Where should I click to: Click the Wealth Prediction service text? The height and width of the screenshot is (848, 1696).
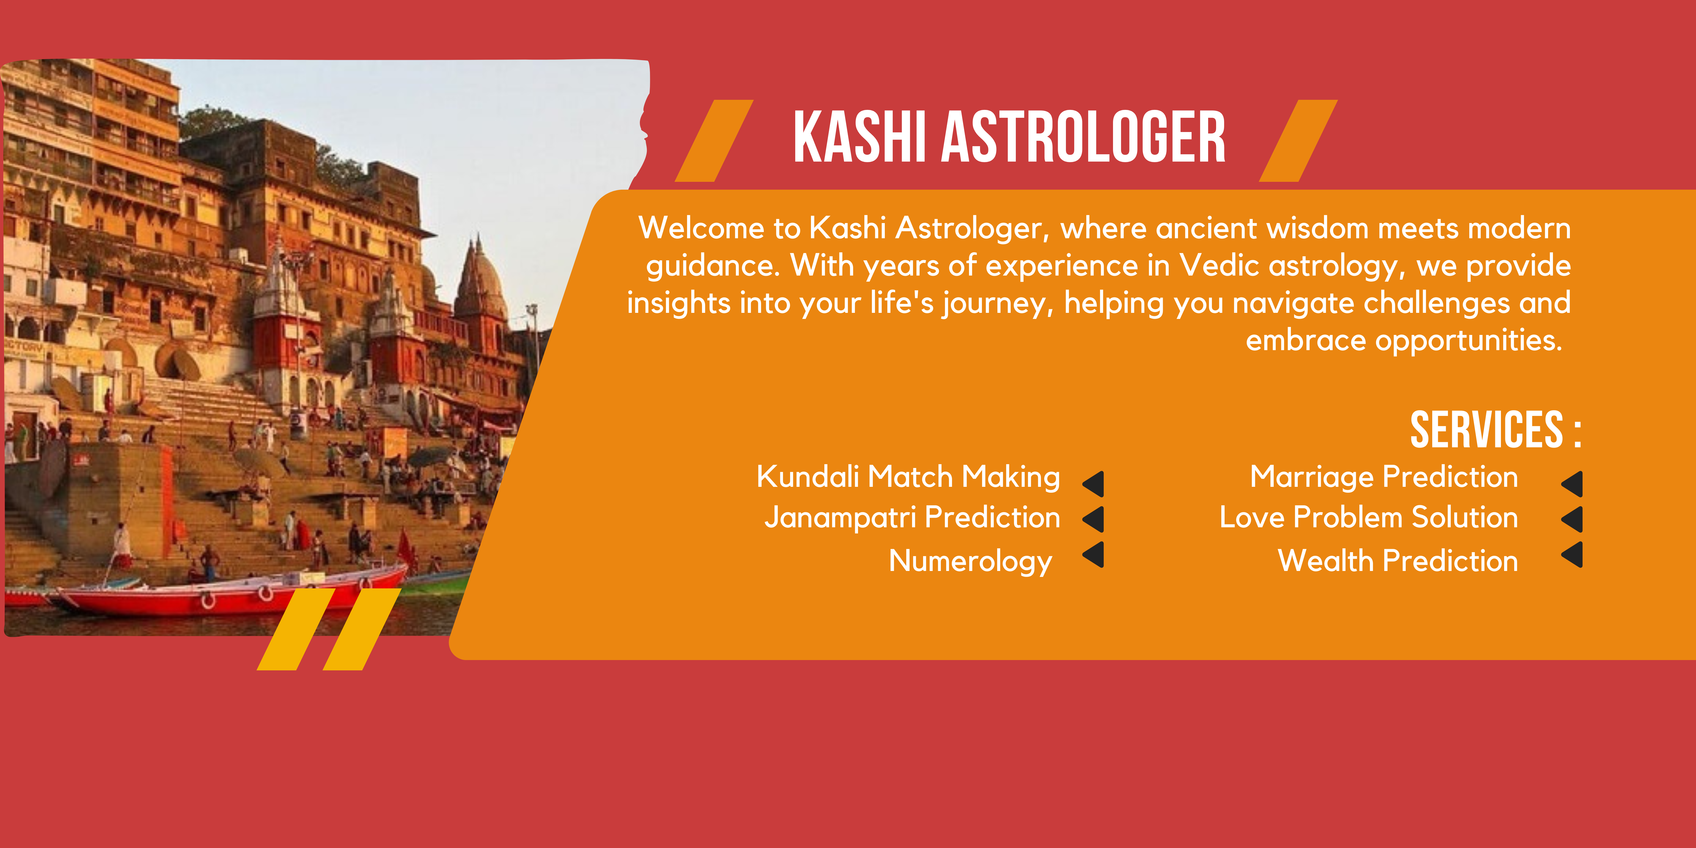click(x=1398, y=561)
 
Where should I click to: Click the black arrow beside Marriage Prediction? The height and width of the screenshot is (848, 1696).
click(x=1572, y=484)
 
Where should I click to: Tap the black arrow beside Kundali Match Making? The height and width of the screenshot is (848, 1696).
click(x=1094, y=484)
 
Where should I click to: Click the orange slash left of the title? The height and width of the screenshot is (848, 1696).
click(x=714, y=141)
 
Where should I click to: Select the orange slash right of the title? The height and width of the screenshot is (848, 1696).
click(x=1298, y=141)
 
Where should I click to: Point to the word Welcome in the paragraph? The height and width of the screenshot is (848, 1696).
click(x=702, y=228)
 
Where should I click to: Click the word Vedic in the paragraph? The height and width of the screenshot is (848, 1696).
click(x=1219, y=266)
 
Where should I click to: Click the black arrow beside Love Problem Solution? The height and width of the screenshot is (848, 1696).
click(x=1572, y=519)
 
